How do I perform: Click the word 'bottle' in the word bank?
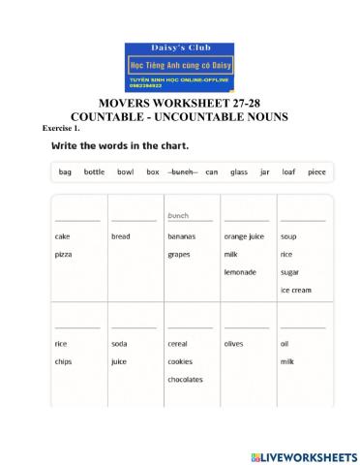point(94,171)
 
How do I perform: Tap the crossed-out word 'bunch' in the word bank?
point(183,171)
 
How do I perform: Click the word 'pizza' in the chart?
point(65,254)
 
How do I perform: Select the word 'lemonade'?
point(240,272)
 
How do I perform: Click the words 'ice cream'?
point(296,290)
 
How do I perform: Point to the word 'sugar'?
point(290,272)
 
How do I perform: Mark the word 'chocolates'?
point(185,380)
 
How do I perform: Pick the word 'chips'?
point(65,361)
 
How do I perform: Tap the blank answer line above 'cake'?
point(77,219)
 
